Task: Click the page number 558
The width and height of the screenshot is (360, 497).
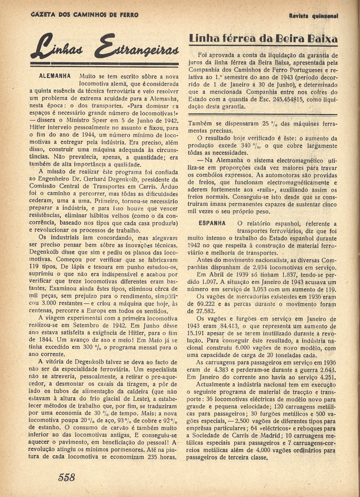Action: [67, 478]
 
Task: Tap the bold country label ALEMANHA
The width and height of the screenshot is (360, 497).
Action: [55, 76]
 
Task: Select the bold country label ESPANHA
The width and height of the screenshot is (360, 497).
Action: [212, 223]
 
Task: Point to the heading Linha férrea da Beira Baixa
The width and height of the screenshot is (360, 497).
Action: [263, 39]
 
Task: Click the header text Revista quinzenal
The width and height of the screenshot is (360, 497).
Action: [314, 16]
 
